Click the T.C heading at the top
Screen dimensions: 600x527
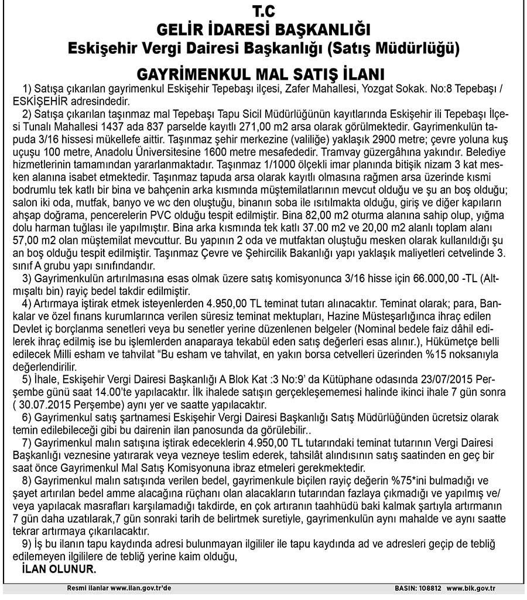point(263,11)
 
